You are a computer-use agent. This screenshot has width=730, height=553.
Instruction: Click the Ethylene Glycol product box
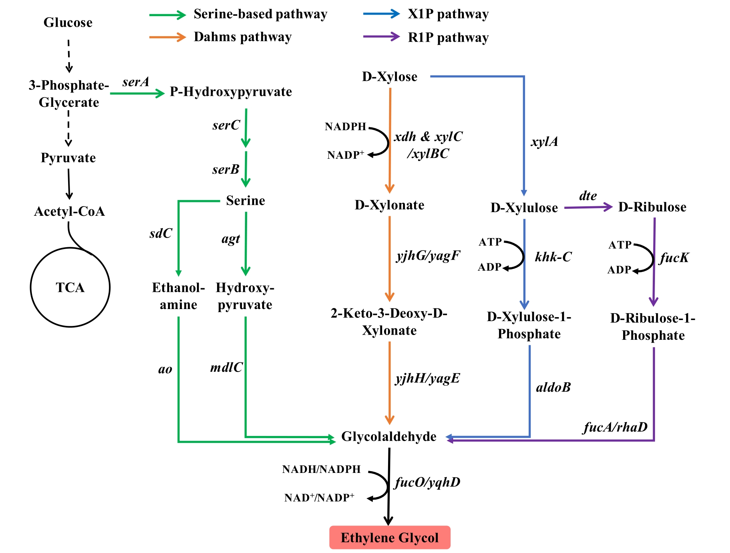(x=390, y=537)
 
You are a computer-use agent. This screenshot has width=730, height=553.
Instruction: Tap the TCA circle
(x=70, y=287)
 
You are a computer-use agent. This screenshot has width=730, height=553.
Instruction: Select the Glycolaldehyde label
(x=389, y=436)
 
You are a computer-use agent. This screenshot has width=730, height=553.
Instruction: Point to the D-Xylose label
(x=390, y=77)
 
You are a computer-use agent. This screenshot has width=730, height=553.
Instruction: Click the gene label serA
(x=136, y=82)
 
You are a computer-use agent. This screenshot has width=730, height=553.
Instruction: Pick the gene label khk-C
(x=553, y=257)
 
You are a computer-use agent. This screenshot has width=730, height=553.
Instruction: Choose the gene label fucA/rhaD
(x=615, y=427)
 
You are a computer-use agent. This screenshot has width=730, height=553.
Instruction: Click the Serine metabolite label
(x=245, y=200)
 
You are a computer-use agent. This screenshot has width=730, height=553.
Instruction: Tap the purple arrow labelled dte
(x=588, y=207)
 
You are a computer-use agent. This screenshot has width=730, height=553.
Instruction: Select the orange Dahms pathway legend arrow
(x=168, y=37)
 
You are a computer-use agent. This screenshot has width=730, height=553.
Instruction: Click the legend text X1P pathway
(x=448, y=14)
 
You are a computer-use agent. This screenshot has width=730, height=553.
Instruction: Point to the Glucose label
(x=68, y=23)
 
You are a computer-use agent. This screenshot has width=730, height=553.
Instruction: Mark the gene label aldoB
(x=553, y=387)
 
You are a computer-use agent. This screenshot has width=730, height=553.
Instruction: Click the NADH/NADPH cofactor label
(x=321, y=469)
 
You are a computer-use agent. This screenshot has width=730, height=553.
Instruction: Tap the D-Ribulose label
(x=652, y=207)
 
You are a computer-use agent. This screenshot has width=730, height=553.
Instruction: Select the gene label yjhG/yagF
(x=428, y=256)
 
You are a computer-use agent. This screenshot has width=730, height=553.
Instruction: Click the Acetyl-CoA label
(x=70, y=211)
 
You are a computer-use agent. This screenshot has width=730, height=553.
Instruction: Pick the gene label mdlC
(x=226, y=368)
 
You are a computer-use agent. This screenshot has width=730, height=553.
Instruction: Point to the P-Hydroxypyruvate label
(x=231, y=92)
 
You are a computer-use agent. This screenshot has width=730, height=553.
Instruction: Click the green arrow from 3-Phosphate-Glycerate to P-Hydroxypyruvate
(x=137, y=94)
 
